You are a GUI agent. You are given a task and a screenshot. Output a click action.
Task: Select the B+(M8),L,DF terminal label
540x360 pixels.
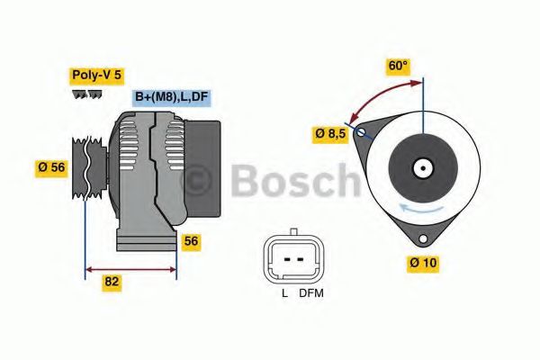172,97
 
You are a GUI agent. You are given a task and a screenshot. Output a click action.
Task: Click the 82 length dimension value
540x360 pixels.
112,281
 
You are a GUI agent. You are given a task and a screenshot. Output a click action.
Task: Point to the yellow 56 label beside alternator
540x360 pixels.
191,240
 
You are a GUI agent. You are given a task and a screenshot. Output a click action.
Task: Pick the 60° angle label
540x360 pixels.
398,66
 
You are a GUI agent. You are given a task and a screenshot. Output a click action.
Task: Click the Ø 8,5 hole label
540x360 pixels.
330,133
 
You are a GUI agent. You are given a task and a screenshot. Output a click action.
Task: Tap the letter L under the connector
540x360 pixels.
283,293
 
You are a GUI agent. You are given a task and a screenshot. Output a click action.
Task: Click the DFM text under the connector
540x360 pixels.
312,293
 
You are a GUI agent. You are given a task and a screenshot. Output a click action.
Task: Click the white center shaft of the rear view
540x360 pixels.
420,167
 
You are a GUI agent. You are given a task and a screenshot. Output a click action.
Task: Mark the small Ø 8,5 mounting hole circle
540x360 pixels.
362,133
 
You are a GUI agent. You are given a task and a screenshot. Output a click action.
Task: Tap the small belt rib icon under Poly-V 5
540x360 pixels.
87,94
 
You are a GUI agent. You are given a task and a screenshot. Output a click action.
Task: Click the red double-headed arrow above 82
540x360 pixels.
130,267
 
